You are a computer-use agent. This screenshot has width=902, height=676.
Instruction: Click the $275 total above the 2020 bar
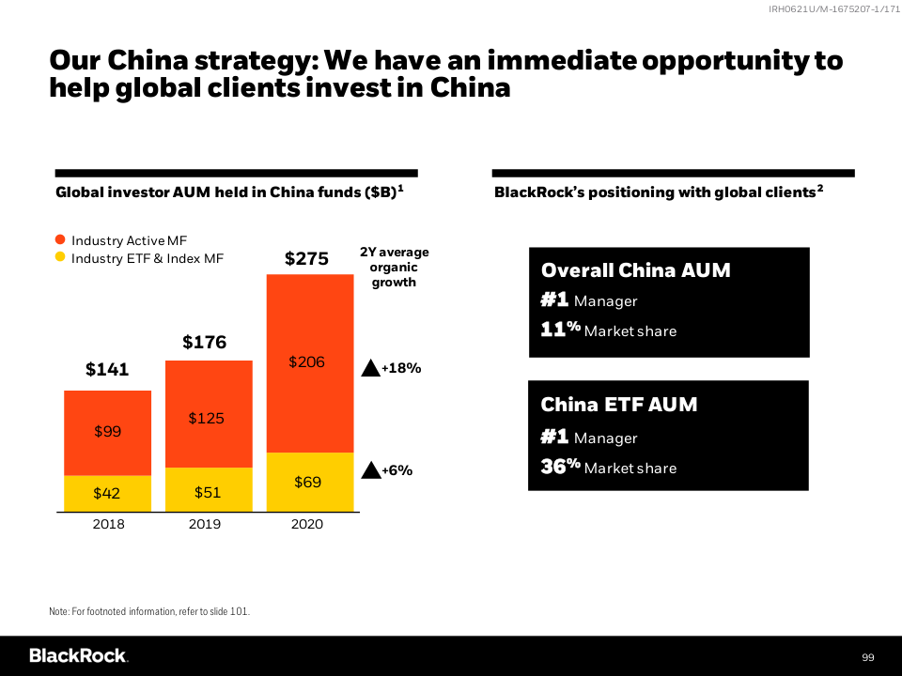[x=306, y=258]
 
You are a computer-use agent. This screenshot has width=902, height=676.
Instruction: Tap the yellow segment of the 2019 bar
[x=207, y=490]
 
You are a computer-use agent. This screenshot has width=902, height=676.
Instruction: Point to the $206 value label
[x=306, y=361]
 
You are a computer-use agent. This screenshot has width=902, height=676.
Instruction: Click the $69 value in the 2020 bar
[x=307, y=483]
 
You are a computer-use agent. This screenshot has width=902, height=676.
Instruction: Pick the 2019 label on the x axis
[x=205, y=524]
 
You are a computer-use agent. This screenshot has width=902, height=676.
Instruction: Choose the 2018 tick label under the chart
[x=108, y=524]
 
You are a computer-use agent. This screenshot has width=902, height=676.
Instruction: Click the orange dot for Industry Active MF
[x=60, y=240]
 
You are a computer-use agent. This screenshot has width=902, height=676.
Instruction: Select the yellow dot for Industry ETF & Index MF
[x=60, y=257]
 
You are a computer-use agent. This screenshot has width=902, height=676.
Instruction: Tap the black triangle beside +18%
[x=370, y=368]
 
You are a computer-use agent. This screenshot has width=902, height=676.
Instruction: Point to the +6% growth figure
[x=397, y=470]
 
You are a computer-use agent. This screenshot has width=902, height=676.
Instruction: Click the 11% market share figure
[x=561, y=330]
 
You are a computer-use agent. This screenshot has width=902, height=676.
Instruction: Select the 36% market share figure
[x=561, y=467]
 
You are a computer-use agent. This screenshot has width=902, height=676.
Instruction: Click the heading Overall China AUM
[x=635, y=270]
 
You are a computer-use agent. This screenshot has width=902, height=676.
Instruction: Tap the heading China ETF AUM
[x=618, y=405]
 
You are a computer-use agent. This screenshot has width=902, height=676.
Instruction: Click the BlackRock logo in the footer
[x=78, y=655]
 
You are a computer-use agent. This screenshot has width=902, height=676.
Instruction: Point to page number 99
[x=867, y=656]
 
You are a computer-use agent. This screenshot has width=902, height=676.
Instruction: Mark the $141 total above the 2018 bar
[x=106, y=370]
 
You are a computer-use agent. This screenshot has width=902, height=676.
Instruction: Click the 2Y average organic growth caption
[x=394, y=267]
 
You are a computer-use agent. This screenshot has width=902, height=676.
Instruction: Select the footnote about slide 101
[x=149, y=611]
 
